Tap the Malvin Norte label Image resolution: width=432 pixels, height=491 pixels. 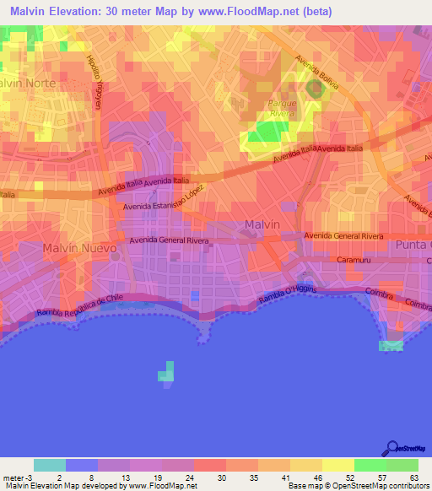tap(32, 84)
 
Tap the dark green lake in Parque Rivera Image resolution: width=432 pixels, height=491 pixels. tap(316, 87)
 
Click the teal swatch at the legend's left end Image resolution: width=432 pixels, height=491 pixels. tap(50, 465)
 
